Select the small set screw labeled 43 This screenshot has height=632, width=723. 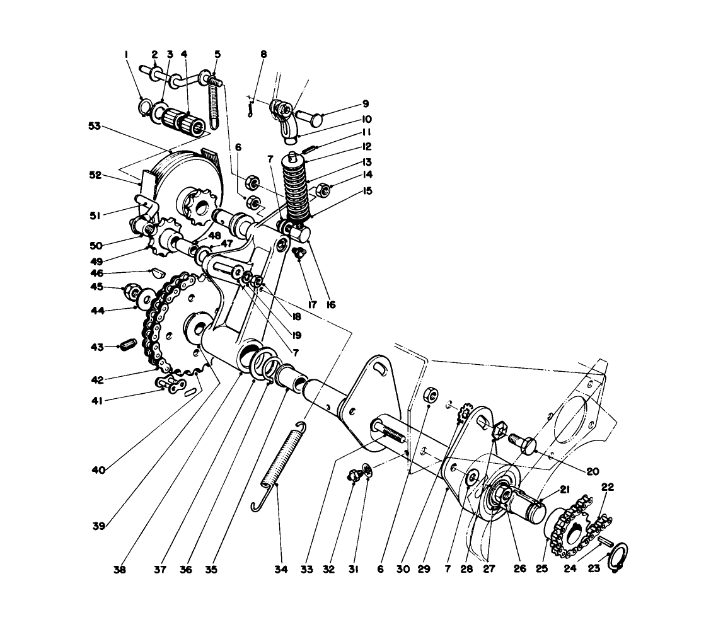click(x=129, y=346)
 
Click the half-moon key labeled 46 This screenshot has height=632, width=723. click(x=157, y=274)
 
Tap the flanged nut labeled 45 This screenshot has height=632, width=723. click(x=132, y=290)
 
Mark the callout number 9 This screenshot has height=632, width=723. click(x=366, y=104)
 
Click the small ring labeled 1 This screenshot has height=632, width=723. click(x=144, y=105)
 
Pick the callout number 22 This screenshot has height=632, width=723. click(x=607, y=487)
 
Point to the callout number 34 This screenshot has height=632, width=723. click(x=281, y=570)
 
